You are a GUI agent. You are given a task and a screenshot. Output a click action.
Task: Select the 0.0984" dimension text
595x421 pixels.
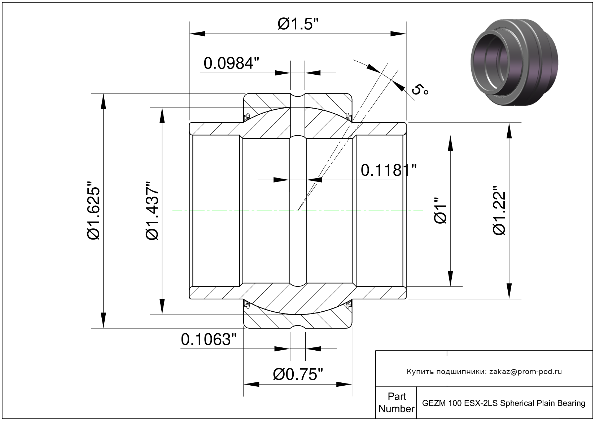231,63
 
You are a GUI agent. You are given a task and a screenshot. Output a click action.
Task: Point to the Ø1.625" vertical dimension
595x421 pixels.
94,211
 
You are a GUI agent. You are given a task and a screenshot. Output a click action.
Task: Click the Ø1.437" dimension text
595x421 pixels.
152,211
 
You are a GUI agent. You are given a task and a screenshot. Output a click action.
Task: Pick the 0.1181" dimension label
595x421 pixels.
389,170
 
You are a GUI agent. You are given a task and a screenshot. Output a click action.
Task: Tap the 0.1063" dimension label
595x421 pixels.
209,339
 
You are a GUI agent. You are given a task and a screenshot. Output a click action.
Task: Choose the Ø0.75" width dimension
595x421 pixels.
298,374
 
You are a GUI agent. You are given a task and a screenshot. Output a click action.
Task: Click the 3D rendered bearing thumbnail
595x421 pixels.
514,62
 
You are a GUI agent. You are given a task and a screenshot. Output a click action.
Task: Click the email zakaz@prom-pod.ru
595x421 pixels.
525,372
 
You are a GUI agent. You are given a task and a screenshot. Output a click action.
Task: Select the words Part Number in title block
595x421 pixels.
397,402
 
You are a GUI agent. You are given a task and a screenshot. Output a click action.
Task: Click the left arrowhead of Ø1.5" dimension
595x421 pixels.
197,34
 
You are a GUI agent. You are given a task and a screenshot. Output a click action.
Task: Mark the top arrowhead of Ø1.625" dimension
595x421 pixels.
103,101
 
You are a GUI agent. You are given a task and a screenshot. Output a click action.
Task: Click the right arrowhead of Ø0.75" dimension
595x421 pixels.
344,384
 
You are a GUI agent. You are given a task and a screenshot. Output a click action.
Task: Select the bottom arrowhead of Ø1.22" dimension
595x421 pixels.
509,291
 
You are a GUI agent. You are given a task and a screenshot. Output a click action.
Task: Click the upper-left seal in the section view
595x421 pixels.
247,116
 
